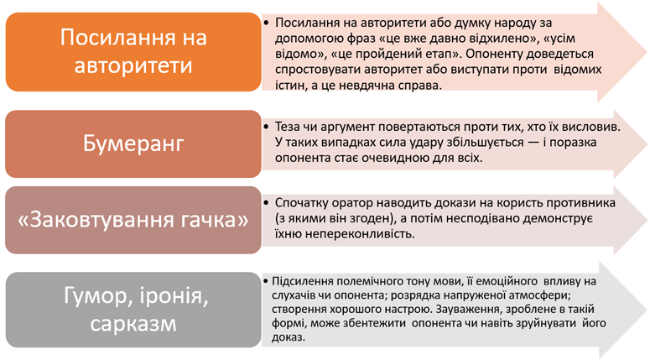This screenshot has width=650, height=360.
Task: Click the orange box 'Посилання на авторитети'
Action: point(133,53)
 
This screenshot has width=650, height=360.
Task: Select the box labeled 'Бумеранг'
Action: point(133,142)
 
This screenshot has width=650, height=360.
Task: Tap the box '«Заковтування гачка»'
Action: point(133,220)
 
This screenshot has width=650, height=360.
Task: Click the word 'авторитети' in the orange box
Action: point(133,67)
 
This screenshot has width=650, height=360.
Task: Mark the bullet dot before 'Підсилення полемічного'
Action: point(266,280)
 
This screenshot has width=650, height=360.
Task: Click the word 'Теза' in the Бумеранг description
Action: point(288,127)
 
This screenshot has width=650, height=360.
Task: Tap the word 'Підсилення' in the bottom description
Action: point(297,280)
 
